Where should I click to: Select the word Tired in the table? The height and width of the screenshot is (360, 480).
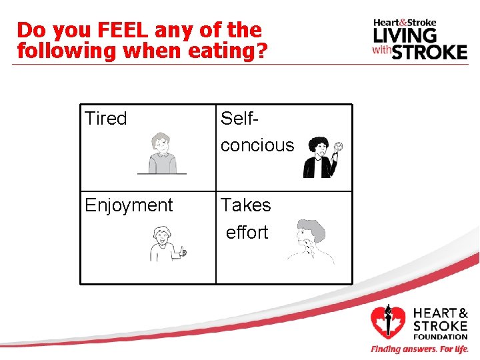[106, 119]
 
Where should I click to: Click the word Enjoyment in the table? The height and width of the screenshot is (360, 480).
[129, 205]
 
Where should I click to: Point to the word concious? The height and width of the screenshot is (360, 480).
[257, 145]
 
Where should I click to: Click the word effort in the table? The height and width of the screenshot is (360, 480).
[247, 233]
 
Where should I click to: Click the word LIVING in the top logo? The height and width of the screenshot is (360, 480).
[405, 34]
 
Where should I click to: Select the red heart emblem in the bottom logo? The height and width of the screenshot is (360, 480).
[387, 322]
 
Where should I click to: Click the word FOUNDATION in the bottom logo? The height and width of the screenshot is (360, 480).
[441, 337]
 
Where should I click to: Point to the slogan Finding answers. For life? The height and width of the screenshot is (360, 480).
[420, 349]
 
